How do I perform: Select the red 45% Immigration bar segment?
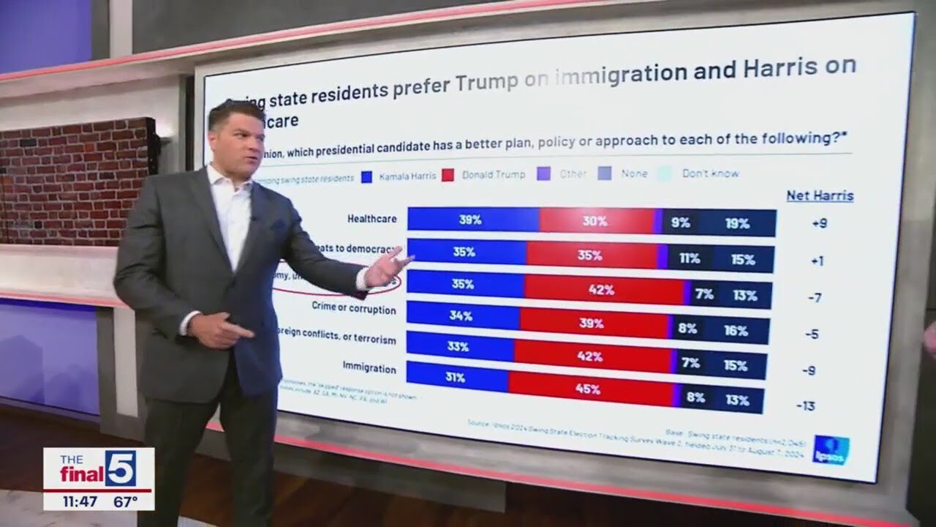(x=589, y=389)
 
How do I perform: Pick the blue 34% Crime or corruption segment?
(x=462, y=316)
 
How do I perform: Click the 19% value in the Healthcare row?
(x=737, y=223)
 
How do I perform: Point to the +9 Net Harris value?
(x=819, y=223)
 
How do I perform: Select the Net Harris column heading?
(x=820, y=195)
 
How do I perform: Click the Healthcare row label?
(x=372, y=218)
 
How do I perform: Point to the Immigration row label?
(x=369, y=367)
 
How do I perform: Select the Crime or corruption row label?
(x=354, y=308)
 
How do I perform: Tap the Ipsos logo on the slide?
(x=831, y=449)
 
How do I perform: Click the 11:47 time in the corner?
(x=79, y=501)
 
